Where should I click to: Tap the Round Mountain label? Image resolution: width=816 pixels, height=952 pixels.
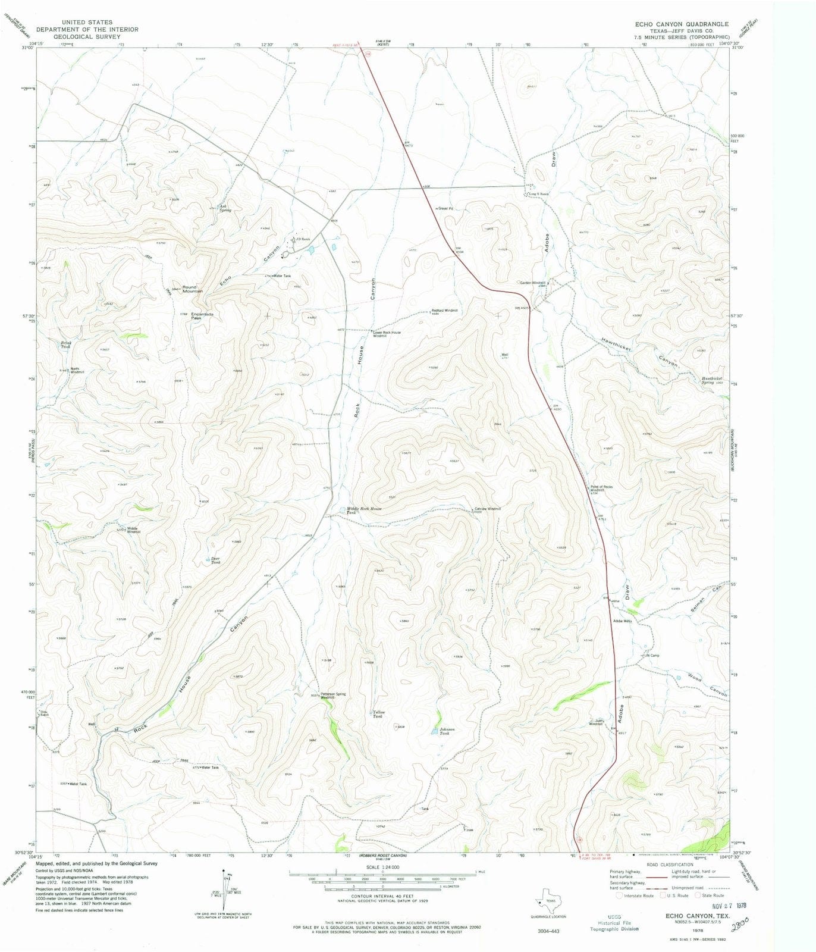coord(192,289)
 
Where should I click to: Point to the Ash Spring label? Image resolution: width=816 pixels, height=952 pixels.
coord(225,208)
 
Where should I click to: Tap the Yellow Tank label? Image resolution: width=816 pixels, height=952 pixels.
coord(379,714)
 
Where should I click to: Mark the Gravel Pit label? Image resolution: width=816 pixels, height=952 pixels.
coord(444,209)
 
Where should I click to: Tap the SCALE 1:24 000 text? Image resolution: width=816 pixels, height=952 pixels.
coord(381,868)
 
